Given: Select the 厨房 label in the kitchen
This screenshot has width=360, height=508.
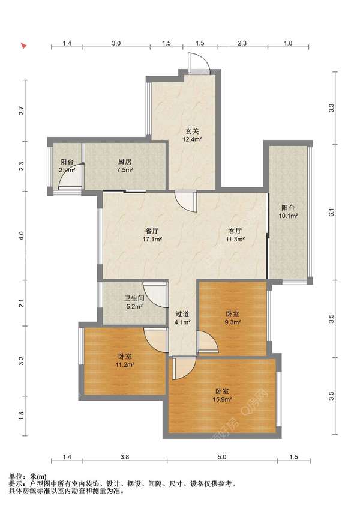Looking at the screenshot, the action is click(x=125, y=162).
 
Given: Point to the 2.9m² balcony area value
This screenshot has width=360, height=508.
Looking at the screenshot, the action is click(x=67, y=170).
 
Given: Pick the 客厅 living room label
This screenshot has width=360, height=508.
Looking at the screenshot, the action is click(x=235, y=231).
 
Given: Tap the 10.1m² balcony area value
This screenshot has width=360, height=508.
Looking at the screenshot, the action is click(x=288, y=216).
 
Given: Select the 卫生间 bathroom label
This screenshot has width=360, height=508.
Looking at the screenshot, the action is click(x=134, y=298).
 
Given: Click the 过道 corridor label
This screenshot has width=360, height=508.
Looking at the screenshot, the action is click(x=182, y=314).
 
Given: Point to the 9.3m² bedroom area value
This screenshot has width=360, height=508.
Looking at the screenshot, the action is click(x=232, y=322).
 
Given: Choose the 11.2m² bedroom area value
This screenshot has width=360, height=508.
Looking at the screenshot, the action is click(x=125, y=364).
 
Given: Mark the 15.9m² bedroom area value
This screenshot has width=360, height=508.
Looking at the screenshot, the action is click(x=222, y=399).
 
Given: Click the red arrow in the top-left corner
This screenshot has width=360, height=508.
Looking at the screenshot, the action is click(x=23, y=46).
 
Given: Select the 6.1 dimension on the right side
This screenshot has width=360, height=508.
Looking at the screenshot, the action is click(x=331, y=213).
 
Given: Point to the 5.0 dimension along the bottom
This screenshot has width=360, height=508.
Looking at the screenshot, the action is click(x=222, y=457).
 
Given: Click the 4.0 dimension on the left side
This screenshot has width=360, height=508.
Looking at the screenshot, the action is click(x=22, y=235).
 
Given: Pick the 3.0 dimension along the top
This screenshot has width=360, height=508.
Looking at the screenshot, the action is click(x=116, y=43).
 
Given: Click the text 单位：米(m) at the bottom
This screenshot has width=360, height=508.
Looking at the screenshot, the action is click(x=28, y=477).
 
